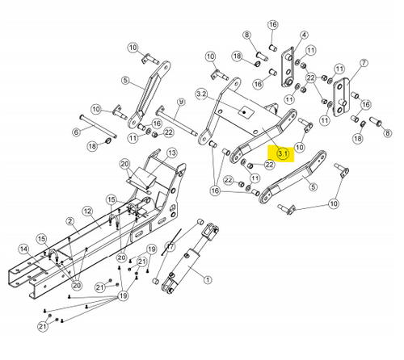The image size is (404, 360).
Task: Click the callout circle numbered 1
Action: (208, 280)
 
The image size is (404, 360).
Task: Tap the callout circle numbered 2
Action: (71, 220)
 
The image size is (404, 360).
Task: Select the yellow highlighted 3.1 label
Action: (281, 152)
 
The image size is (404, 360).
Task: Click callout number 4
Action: (304, 36)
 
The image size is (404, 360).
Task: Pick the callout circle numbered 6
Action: (77, 132)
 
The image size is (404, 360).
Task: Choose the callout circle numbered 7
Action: (363, 63)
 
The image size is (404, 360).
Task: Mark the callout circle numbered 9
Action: (181, 102)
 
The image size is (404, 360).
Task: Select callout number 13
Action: (172, 153)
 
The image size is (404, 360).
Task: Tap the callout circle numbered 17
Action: (170, 246)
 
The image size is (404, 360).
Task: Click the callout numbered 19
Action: (123, 297)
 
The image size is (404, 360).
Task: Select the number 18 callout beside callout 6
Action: (92, 145)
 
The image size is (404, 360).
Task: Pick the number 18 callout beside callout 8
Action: (238, 56)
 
